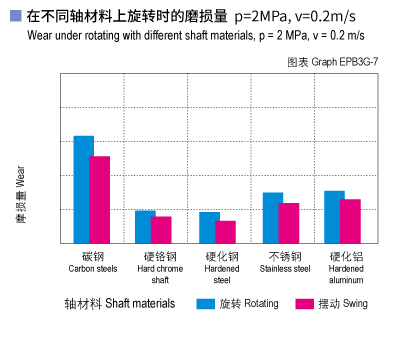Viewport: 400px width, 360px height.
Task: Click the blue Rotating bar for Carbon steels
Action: tap(84, 189)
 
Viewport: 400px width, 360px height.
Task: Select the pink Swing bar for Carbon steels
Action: tap(100, 199)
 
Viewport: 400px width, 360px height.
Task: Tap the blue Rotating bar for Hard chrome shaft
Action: tap(145, 226)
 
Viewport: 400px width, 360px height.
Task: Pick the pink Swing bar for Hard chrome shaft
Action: tap(161, 229)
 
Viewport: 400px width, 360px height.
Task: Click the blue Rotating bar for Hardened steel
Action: tap(209, 227)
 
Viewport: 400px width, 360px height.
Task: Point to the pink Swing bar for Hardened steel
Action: tap(226, 231)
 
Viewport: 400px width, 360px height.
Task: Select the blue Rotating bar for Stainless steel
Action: tap(273, 217)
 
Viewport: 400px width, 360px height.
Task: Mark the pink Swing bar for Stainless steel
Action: tap(289, 222)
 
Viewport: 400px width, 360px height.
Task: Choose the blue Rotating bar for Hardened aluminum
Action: tap(334, 216)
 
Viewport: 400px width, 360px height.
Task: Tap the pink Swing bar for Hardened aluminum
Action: tap(350, 220)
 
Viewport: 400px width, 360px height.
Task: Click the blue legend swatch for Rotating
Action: tap(206, 304)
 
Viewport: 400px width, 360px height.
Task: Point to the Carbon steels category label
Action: tap(93, 262)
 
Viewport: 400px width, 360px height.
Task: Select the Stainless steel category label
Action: tap(285, 262)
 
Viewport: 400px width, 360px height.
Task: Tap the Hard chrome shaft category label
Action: tap(159, 267)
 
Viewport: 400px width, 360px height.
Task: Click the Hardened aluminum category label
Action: tap(346, 267)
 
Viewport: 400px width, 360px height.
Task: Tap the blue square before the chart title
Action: tap(14, 15)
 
